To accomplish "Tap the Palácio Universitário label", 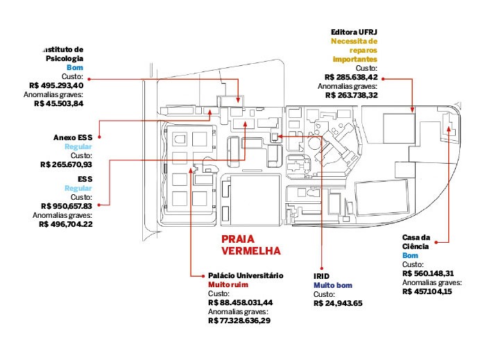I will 246,275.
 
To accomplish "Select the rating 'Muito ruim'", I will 228,284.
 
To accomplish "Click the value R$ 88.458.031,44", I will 240,302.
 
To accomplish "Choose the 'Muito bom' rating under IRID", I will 334,285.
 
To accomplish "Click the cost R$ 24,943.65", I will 338,303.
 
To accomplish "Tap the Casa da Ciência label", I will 417,242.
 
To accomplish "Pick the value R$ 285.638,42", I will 351,77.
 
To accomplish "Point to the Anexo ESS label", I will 73,137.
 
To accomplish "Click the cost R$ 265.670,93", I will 67,164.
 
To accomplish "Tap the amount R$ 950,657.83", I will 67,206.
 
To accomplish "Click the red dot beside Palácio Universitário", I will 200,275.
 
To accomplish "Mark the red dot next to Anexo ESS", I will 101,137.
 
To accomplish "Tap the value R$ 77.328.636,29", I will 239,320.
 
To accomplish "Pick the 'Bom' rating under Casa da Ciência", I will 409,255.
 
